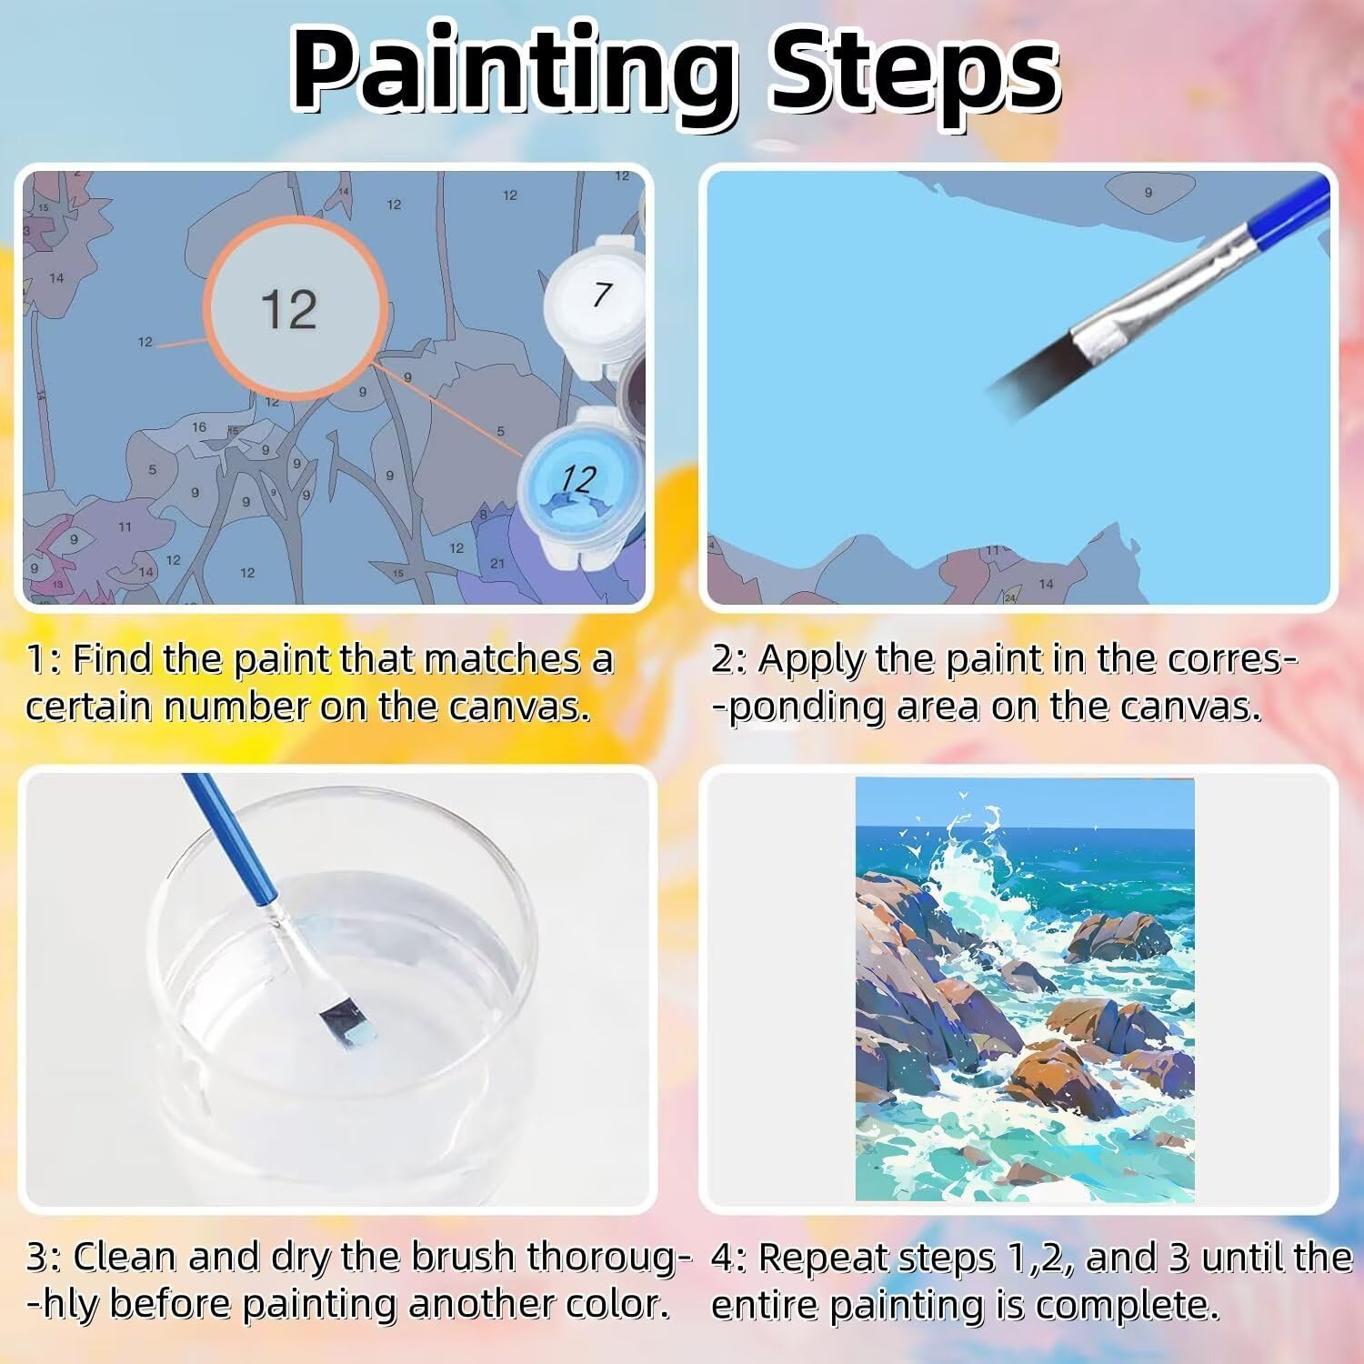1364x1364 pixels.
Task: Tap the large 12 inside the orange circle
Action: tap(289, 310)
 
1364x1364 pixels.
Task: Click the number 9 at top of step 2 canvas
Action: tap(1148, 193)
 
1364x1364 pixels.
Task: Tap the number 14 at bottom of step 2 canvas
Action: tap(1046, 584)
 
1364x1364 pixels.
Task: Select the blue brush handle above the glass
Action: tap(226, 837)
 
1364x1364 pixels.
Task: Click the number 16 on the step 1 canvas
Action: tap(199, 427)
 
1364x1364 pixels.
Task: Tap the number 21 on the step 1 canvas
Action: tap(497, 564)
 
